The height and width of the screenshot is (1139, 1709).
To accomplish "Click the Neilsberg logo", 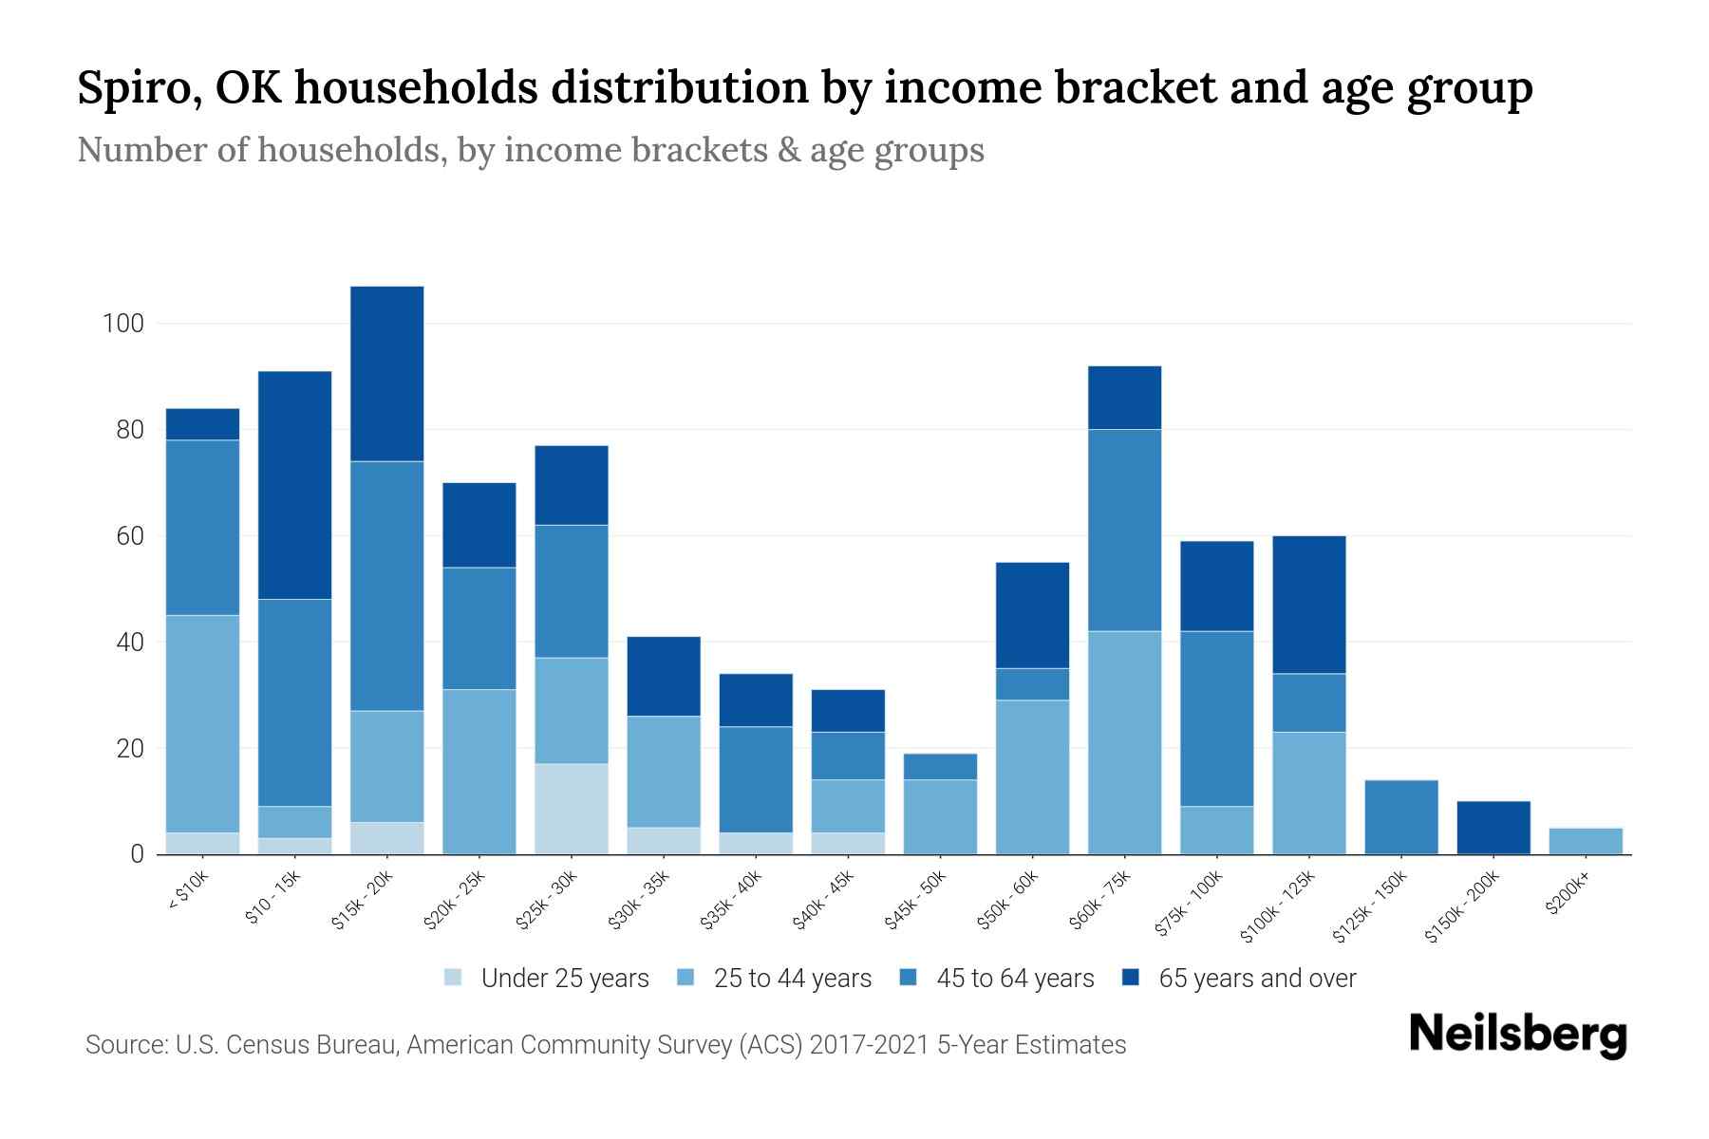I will coord(1517,1035).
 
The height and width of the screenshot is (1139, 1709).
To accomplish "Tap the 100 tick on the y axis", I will coord(122,324).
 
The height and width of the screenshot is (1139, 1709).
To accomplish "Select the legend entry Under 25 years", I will coord(564,979).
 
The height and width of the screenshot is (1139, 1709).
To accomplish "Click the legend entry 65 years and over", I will coord(1256,979).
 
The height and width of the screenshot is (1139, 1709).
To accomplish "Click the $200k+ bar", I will coord(1585,841).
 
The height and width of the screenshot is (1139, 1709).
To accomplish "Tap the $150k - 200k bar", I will coord(1493,828).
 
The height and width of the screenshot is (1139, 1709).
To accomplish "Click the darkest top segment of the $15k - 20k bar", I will coord(386,373).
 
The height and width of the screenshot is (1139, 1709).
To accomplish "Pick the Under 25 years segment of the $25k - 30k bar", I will coord(571,809).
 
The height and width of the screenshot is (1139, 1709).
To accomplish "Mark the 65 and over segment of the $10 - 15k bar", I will coord(294,485).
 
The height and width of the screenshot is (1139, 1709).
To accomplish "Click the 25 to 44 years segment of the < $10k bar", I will coord(202,724).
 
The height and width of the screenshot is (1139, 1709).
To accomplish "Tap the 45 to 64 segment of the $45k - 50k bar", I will coord(940,767).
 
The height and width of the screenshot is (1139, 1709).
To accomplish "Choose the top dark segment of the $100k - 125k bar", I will coord(1308,605).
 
